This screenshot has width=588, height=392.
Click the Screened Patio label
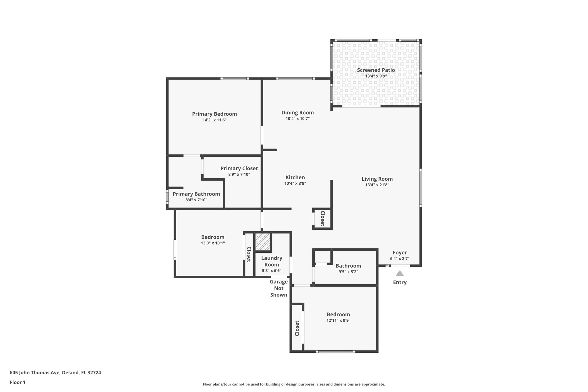click(376, 70)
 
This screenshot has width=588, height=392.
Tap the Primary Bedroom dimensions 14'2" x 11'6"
click(214, 120)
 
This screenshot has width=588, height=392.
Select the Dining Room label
click(297, 113)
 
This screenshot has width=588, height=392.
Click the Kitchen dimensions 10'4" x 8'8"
click(295, 184)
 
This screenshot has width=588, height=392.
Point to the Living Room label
click(377, 179)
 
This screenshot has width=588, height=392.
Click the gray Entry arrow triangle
click(400, 273)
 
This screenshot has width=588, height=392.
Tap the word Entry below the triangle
click(400, 282)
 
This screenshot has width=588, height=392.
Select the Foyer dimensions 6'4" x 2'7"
click(400, 258)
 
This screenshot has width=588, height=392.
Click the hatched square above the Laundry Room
click(263, 242)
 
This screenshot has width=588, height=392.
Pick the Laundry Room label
click(272, 261)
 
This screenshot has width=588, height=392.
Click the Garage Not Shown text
click(278, 288)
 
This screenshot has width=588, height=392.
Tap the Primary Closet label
click(239, 169)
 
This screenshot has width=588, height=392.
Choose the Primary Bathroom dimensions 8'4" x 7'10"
click(196, 200)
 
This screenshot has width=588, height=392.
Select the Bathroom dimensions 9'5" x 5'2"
click(348, 272)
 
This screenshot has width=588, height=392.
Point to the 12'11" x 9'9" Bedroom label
click(338, 314)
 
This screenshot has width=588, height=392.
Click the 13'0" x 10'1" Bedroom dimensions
click(213, 243)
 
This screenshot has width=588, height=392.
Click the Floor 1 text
click(18, 383)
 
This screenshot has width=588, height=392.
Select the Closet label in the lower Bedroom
click(297, 328)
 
